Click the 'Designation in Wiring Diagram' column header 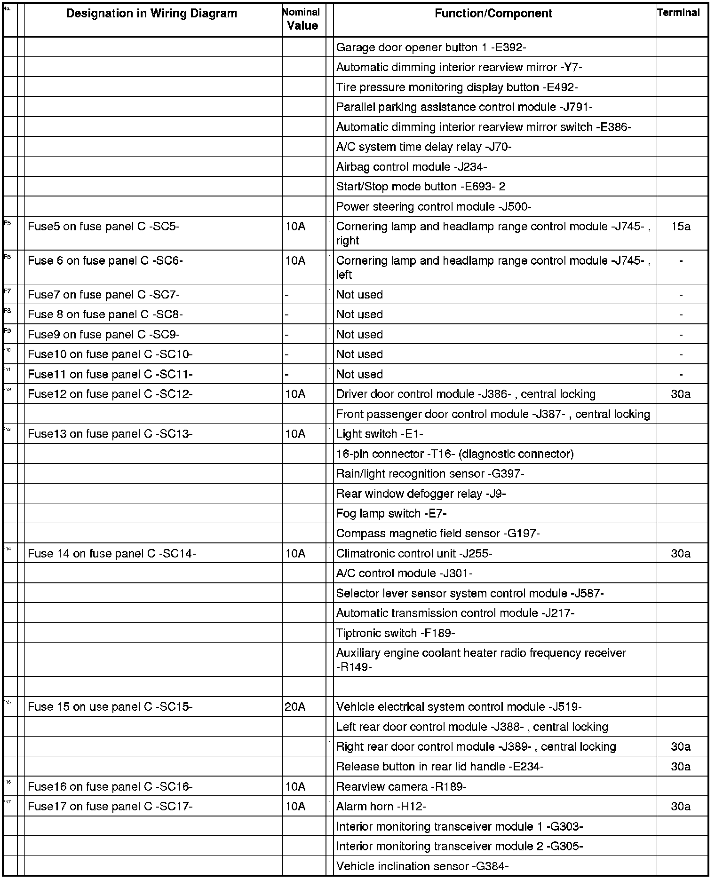pyautogui.click(x=151, y=14)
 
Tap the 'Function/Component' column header pyautogui.click(x=493, y=14)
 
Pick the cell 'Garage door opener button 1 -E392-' pyautogui.click(x=431, y=47)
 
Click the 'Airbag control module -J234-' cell pyautogui.click(x=411, y=167)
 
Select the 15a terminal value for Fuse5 pyautogui.click(x=681, y=227)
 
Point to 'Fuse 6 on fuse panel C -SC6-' pyautogui.click(x=105, y=261)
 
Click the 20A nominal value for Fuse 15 pyautogui.click(x=295, y=707)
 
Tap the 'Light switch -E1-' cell pyautogui.click(x=379, y=434)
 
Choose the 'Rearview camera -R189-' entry pyautogui.click(x=401, y=786)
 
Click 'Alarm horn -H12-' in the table pyautogui.click(x=381, y=807)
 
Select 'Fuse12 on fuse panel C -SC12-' pyautogui.click(x=110, y=394)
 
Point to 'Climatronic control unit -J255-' pyautogui.click(x=414, y=554)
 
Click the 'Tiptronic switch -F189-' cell pyautogui.click(x=395, y=633)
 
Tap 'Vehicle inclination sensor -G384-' pyautogui.click(x=422, y=866)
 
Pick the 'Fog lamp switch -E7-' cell pyautogui.click(x=391, y=514)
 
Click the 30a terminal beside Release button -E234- pyautogui.click(x=681, y=767)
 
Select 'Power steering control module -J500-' pyautogui.click(x=434, y=207)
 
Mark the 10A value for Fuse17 pyautogui.click(x=295, y=807)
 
